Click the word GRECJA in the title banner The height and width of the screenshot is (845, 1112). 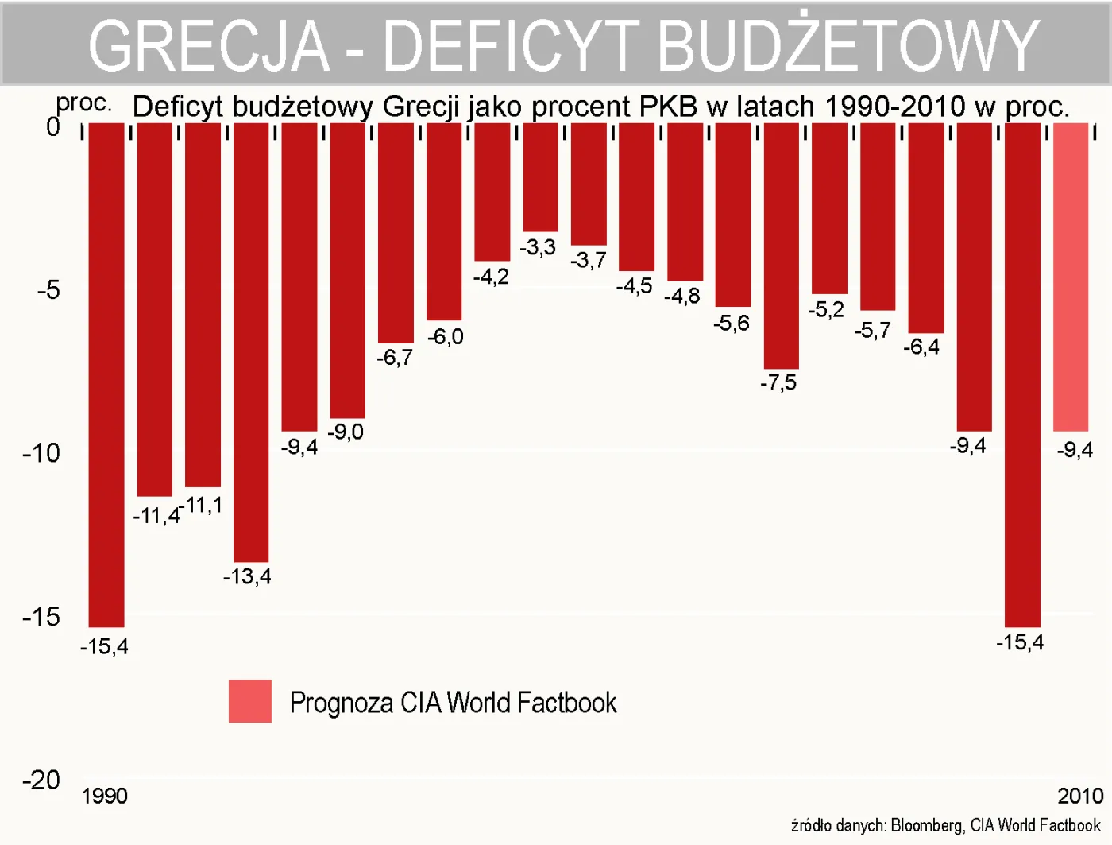208,45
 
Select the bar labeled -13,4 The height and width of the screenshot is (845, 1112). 251,342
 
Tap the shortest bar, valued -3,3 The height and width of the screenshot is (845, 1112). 540,176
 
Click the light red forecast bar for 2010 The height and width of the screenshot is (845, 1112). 1071,277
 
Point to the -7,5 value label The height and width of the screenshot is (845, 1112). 778,383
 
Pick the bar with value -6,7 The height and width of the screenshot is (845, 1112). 396,232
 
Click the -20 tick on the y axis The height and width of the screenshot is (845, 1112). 41,780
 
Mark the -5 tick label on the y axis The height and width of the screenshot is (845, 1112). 48,289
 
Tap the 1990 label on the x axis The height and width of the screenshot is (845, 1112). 104,796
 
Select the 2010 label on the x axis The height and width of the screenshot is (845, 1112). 1080,796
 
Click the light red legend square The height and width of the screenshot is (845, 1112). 250,701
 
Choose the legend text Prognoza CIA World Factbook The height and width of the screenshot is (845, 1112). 453,703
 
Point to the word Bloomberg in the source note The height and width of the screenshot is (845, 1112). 927,825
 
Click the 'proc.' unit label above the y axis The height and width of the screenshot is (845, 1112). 83,103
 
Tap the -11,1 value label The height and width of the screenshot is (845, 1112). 202,505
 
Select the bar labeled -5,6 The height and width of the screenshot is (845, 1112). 732,215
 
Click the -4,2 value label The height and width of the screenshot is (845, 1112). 491,277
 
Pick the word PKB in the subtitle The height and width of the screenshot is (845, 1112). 669,107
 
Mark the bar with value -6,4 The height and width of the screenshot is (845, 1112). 926,227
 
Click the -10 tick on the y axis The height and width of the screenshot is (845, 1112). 41,453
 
